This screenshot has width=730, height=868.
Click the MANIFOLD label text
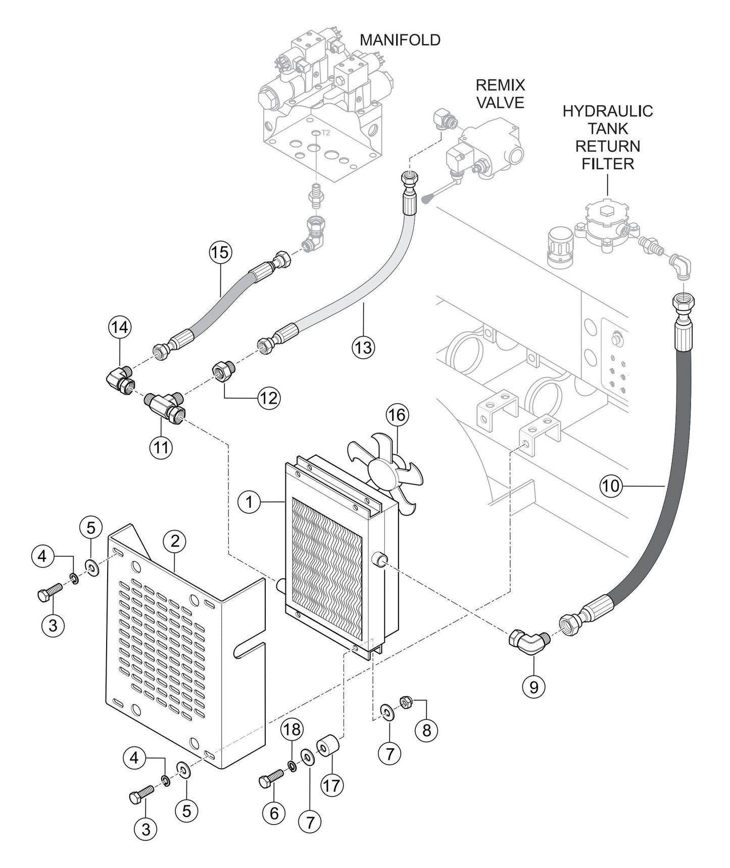400,40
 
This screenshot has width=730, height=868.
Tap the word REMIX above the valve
501,84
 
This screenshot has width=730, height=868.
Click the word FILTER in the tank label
608,164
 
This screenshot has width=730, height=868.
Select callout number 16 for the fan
397,415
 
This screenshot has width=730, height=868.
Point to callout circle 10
610,486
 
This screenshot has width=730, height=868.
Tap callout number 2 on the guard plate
175,541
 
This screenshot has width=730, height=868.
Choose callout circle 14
120,327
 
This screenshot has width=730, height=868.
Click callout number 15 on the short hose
220,252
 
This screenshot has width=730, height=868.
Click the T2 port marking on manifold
325,133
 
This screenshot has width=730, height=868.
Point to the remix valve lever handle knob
426,200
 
